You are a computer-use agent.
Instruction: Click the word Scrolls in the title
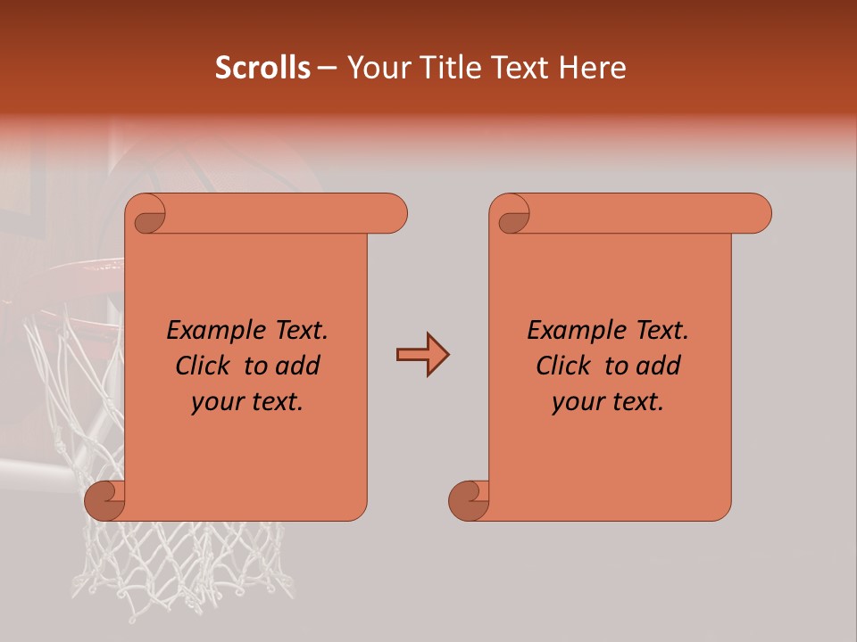263,68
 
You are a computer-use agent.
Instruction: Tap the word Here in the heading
593,68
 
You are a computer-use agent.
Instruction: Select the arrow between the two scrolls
422,356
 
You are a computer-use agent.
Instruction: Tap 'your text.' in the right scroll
608,401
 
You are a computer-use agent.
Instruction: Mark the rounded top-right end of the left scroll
393,214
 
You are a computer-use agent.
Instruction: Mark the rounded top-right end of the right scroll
757,214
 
